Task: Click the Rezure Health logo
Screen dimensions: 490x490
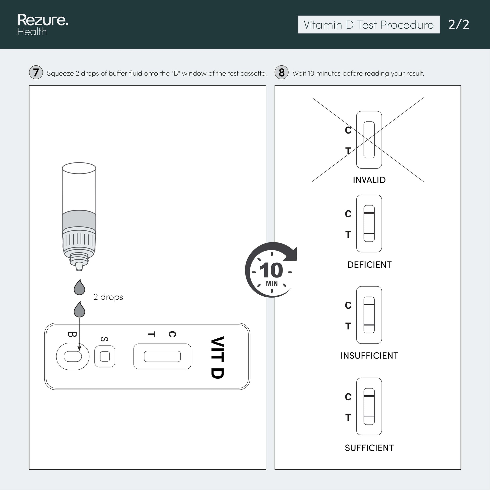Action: pos(43,25)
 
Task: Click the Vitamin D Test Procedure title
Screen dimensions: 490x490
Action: pos(369,25)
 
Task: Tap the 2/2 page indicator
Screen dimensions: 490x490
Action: pos(458,25)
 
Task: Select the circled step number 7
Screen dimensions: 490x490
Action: pos(36,73)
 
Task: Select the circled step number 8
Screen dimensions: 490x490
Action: pos(281,73)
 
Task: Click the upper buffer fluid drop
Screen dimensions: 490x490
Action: pos(79,288)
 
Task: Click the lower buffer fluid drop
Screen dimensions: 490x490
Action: pos(79,310)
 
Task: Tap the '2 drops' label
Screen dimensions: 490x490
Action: pos(108,297)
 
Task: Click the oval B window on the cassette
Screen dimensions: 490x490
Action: pos(73,356)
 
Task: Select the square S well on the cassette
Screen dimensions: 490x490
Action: pos(105,356)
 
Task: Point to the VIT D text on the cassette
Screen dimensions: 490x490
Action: pos(218,357)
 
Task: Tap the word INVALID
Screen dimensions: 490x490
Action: pos(369,180)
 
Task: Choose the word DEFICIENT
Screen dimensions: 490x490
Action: pos(369,265)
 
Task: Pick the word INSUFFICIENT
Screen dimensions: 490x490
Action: pos(369,356)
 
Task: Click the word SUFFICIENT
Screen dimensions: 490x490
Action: pos(369,448)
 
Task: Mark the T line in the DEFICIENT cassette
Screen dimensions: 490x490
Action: pos(369,233)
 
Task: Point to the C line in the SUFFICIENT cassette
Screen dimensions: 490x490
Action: pos(369,396)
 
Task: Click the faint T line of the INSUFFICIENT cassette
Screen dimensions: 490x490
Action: pos(369,325)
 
